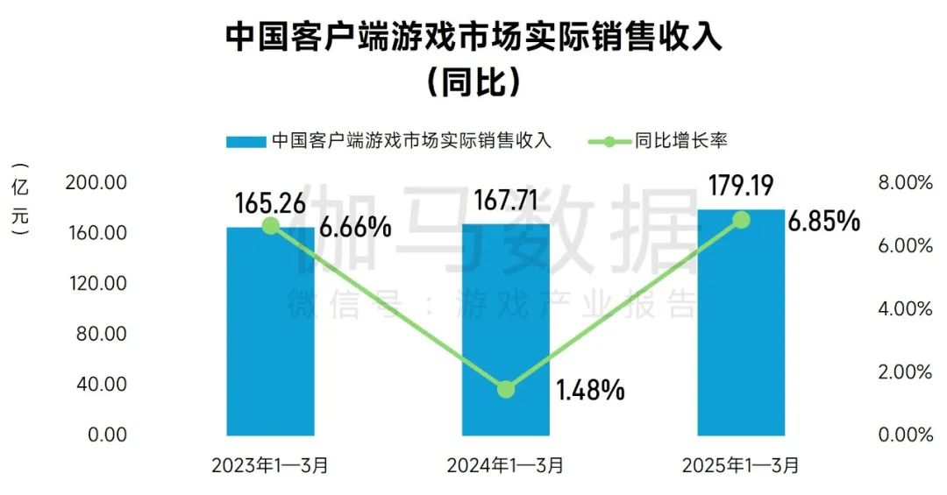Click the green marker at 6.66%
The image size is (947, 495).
(271, 226)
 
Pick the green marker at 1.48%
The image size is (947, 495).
(506, 390)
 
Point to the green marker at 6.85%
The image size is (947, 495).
(742, 219)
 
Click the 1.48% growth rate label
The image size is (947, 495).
(590, 390)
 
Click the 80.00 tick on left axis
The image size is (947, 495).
(103, 335)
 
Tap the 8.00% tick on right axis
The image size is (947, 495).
(904, 183)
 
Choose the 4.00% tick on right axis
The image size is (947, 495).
(904, 309)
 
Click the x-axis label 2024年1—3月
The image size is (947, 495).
(506, 465)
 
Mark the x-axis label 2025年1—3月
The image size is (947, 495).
(741, 465)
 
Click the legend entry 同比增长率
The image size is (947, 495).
(681, 140)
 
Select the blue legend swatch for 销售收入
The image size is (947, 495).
(246, 141)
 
